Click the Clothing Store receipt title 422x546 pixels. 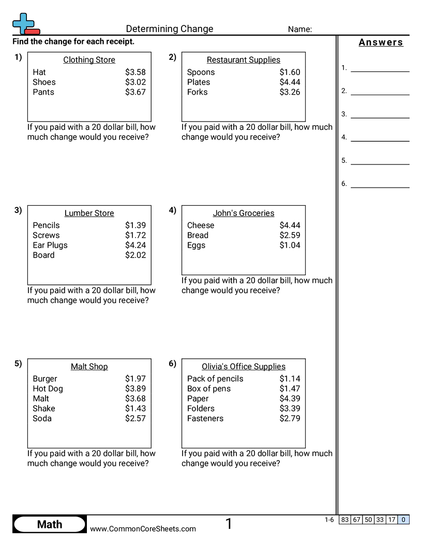pyautogui.click(x=89, y=60)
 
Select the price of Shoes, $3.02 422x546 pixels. pyautogui.click(x=135, y=82)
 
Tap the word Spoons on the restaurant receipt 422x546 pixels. pyautogui.click(x=201, y=72)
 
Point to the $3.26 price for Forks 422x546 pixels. pyautogui.click(x=290, y=92)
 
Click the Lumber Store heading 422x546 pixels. pyautogui.click(x=89, y=213)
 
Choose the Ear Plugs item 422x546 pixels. pyautogui.click(x=50, y=245)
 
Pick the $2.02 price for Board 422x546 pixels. pyautogui.click(x=135, y=255)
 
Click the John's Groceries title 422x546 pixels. pyautogui.click(x=244, y=213)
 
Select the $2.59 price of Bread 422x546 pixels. pyautogui.click(x=290, y=235)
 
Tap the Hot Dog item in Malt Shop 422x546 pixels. pyautogui.click(x=48, y=389)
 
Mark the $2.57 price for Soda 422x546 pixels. pyautogui.click(x=135, y=418)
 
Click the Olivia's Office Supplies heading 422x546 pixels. pyautogui.click(x=244, y=367)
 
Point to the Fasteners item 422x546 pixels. pyautogui.click(x=205, y=418)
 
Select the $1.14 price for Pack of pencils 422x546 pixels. pyautogui.click(x=290, y=379)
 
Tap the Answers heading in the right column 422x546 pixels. pyautogui.click(x=381, y=43)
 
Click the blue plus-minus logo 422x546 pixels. pyautogui.click(x=25, y=24)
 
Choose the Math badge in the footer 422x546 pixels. pyautogui.click(x=50, y=525)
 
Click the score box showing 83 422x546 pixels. pyautogui.click(x=345, y=520)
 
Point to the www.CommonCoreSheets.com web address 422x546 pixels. pyautogui.click(x=143, y=529)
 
